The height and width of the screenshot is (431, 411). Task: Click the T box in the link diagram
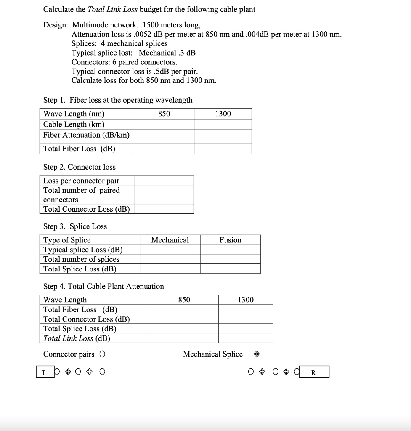point(43,372)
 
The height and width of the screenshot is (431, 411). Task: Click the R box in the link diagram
point(313,372)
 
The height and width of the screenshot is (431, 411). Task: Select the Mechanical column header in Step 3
point(170,240)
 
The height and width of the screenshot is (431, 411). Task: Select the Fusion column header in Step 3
point(231,240)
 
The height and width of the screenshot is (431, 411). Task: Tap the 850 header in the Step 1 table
point(164,114)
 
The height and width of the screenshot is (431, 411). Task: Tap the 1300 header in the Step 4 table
point(246,300)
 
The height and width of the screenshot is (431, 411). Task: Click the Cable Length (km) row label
point(74,124)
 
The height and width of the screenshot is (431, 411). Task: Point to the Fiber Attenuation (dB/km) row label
point(87,135)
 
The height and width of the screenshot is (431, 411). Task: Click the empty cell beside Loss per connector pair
point(164,181)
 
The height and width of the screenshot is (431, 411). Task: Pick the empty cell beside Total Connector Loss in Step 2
point(164,209)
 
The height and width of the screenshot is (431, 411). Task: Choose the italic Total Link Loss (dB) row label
point(77,338)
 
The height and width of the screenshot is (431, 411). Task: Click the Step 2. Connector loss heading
point(80,167)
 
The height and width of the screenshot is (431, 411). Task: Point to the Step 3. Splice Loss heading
point(75,226)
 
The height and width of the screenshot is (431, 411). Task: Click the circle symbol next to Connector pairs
point(103,354)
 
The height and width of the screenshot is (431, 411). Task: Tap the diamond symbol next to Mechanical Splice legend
point(257,354)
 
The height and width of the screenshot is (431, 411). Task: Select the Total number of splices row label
point(82,259)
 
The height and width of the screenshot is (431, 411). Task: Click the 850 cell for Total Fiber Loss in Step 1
point(164,149)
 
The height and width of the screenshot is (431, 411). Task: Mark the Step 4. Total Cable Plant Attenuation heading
point(103,286)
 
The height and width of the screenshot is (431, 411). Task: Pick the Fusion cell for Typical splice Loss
point(231,250)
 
